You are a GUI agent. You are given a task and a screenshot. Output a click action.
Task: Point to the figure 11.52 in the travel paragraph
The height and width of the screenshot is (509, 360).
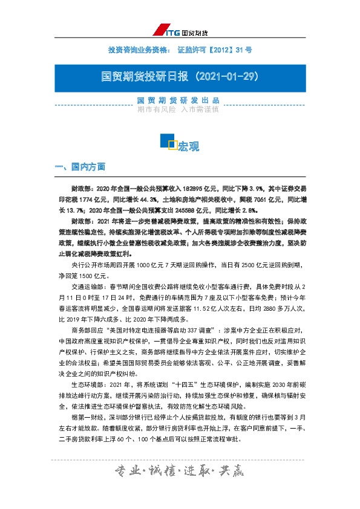tap(219, 309)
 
